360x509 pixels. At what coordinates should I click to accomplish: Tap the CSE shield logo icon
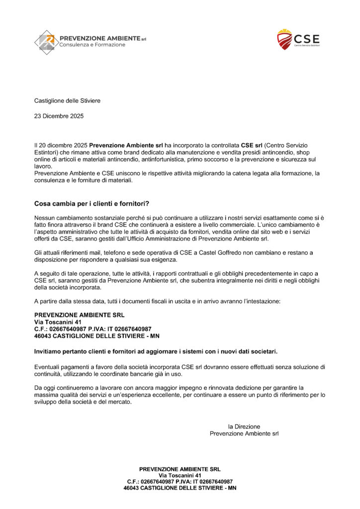tap(284, 39)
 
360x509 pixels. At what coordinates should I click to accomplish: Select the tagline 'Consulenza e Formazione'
tap(92, 45)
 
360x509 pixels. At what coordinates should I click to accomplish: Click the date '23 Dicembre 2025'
tap(59, 116)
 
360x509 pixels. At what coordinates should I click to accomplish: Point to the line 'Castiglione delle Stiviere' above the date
tap(67, 101)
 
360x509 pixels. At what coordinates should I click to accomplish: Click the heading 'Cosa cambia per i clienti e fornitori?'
tap(92, 204)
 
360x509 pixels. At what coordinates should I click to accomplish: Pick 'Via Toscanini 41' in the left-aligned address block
tap(54, 322)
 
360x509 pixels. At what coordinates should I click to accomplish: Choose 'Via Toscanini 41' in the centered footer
tap(180, 475)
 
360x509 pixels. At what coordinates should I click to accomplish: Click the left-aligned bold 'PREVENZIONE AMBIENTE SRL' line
tap(80, 315)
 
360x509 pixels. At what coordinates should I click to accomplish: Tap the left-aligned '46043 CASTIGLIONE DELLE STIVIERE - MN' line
tap(96, 336)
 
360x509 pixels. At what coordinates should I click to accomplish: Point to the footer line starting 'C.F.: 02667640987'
tap(180, 482)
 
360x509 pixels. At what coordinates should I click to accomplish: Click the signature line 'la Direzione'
tap(244, 426)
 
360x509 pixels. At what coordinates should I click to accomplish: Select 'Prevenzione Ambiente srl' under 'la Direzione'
tap(244, 433)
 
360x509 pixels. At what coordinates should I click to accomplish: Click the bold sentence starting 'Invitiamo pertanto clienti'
tap(156, 351)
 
